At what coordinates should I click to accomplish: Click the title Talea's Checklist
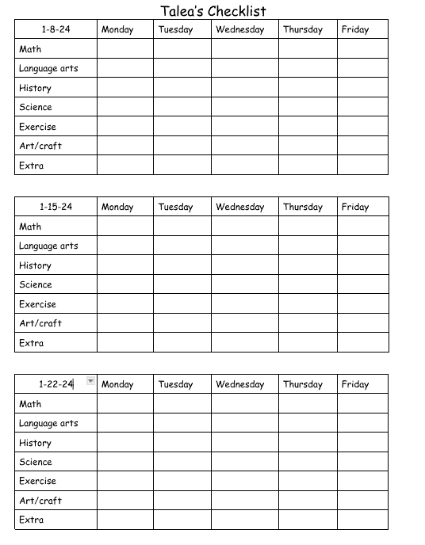(x=212, y=11)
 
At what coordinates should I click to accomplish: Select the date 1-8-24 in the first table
(x=56, y=30)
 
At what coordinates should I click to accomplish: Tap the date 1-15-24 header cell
(x=56, y=208)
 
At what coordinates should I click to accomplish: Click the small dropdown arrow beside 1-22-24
(x=90, y=382)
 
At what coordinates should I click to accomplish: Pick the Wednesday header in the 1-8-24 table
(x=239, y=30)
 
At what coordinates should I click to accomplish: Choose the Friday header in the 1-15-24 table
(x=355, y=208)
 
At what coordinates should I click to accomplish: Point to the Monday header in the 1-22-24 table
(x=117, y=385)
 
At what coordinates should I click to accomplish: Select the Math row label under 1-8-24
(x=30, y=49)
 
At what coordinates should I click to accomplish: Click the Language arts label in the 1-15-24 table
(x=48, y=246)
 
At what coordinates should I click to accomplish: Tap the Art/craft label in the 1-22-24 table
(x=40, y=501)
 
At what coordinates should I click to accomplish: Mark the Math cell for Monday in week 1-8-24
(x=124, y=49)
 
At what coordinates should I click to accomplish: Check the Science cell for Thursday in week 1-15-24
(x=308, y=285)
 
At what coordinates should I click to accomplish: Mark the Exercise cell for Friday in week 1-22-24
(x=362, y=481)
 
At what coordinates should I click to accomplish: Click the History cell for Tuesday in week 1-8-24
(x=182, y=88)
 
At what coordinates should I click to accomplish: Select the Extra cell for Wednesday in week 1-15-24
(x=244, y=343)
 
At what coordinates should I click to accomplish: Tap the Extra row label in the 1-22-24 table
(x=32, y=520)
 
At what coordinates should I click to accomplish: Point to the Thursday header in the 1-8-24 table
(x=303, y=30)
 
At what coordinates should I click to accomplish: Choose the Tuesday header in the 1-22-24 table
(x=175, y=385)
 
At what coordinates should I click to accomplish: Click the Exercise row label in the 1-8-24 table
(x=37, y=127)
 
